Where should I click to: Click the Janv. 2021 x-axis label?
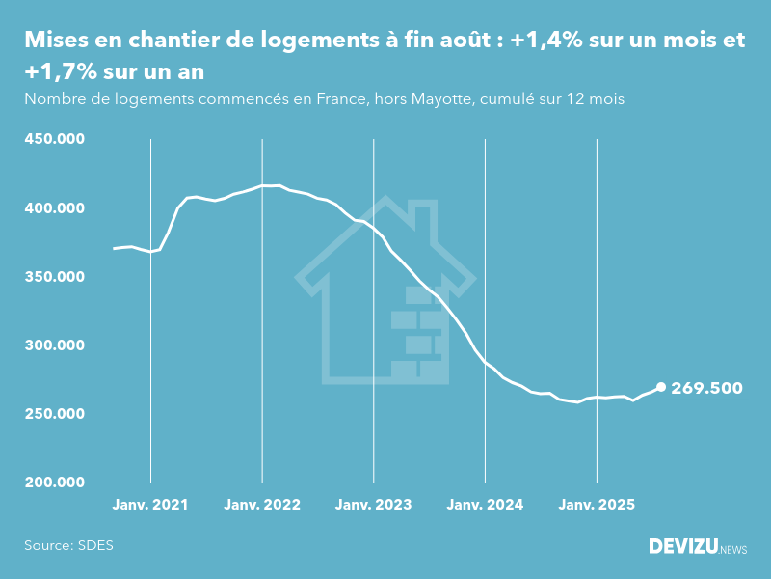click(150, 505)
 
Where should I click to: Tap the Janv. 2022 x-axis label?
click(262, 505)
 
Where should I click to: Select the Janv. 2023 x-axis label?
click(374, 505)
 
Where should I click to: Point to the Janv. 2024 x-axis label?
click(486, 505)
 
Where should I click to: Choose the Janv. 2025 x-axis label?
click(598, 505)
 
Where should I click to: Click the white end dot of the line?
click(661, 387)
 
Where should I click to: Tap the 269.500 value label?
click(706, 388)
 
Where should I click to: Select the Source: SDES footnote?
click(68, 545)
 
